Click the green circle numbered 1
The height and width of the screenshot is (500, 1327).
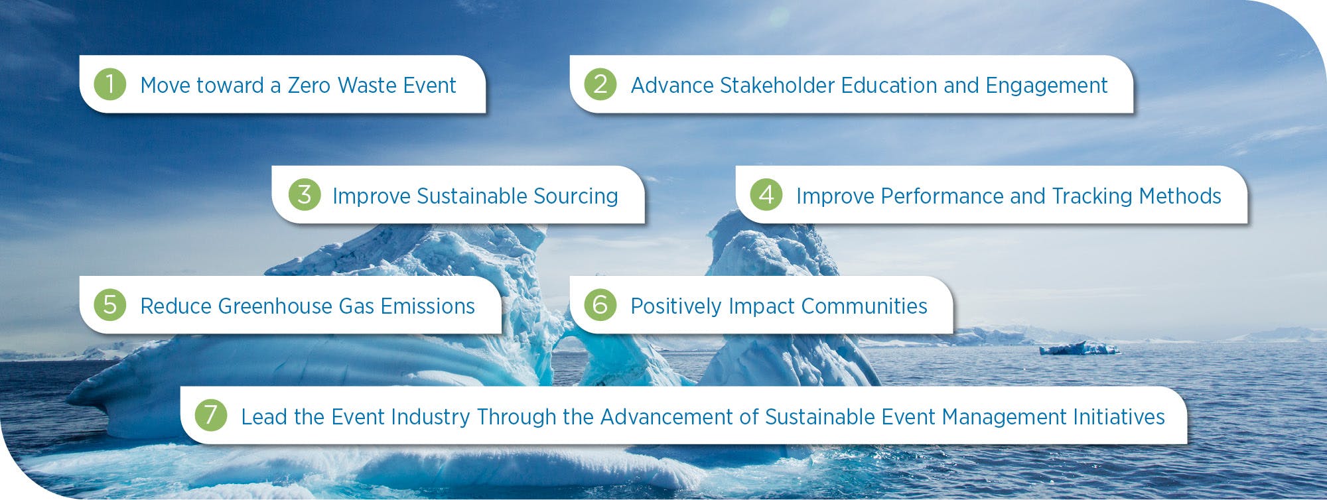point(110,84)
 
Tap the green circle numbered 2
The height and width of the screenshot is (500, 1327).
point(600,84)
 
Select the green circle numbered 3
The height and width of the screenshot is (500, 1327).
point(305,195)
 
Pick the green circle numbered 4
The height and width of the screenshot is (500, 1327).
point(766,195)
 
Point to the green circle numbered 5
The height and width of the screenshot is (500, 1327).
point(110,305)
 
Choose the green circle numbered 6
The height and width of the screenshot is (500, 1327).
point(600,305)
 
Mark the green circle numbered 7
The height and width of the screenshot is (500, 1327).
point(211,415)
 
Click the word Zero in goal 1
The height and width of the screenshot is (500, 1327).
point(309,86)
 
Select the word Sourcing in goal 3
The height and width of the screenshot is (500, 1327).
point(576,197)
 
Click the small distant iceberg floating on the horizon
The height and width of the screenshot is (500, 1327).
point(1079,348)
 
